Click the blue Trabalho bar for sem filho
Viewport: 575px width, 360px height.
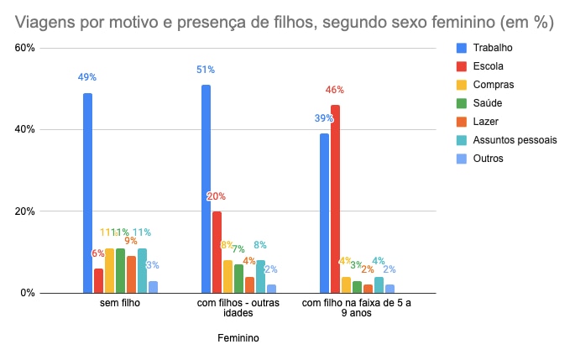pos(87,193)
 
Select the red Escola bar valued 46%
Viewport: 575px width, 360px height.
pos(335,199)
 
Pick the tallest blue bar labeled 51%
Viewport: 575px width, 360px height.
pos(206,189)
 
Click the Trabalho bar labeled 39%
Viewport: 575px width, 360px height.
pos(324,213)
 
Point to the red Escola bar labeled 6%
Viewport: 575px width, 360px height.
pos(98,280)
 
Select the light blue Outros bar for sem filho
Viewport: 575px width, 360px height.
pos(153,287)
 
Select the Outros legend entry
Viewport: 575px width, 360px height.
pos(488,159)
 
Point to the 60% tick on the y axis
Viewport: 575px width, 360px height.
pos(24,48)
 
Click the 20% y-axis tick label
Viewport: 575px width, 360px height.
pos(24,211)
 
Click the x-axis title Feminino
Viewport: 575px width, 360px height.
pos(238,339)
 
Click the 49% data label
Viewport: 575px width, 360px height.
pos(87,77)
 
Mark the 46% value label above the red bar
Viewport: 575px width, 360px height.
pos(335,90)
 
